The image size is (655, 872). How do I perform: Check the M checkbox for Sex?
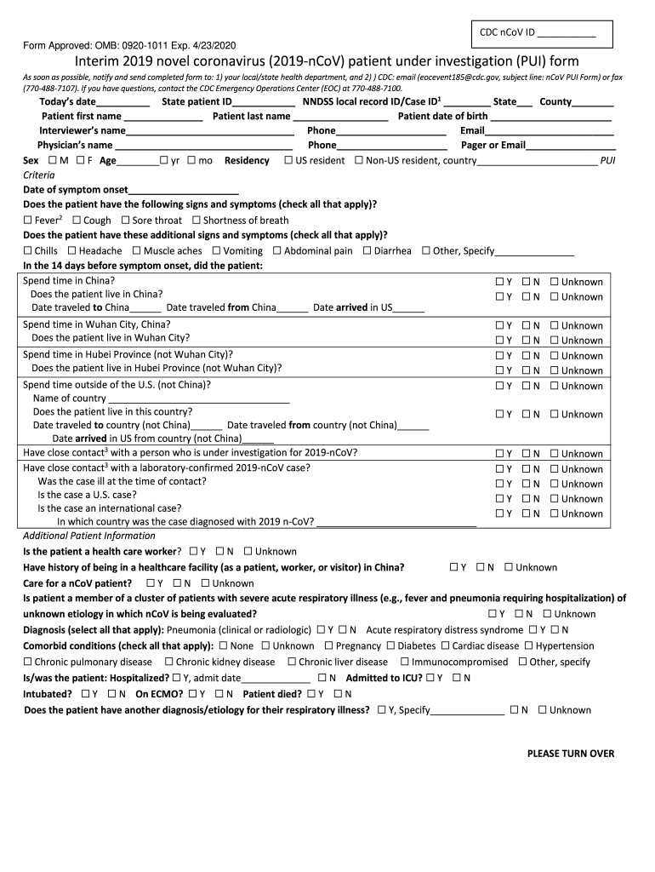tap(54, 160)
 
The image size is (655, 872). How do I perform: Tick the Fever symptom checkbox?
tap(28, 220)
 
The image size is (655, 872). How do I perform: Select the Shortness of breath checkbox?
tap(196, 220)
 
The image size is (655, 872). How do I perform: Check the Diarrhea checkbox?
tap(367, 250)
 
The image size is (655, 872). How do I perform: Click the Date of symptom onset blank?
tap(183, 189)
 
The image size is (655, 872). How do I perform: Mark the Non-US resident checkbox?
tap(358, 160)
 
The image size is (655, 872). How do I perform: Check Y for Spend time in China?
tap(500, 282)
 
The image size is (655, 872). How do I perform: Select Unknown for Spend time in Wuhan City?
tap(555, 325)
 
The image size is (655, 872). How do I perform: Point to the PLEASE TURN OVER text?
tap(570, 754)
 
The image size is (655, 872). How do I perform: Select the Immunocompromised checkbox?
tap(405, 662)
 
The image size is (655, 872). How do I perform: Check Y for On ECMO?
tap(194, 693)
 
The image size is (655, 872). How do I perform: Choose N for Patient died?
tap(338, 693)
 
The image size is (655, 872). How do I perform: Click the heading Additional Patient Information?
tap(88, 536)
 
